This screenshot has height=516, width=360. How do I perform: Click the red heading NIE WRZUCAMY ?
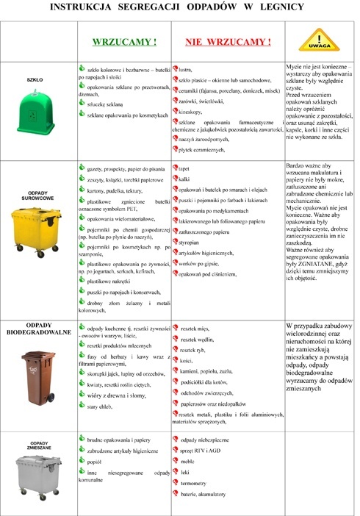pyautogui.click(x=228, y=42)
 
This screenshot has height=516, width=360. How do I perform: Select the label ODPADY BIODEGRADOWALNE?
pyautogui.click(x=37, y=328)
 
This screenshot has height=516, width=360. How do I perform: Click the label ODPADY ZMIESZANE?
pyautogui.click(x=37, y=445)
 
